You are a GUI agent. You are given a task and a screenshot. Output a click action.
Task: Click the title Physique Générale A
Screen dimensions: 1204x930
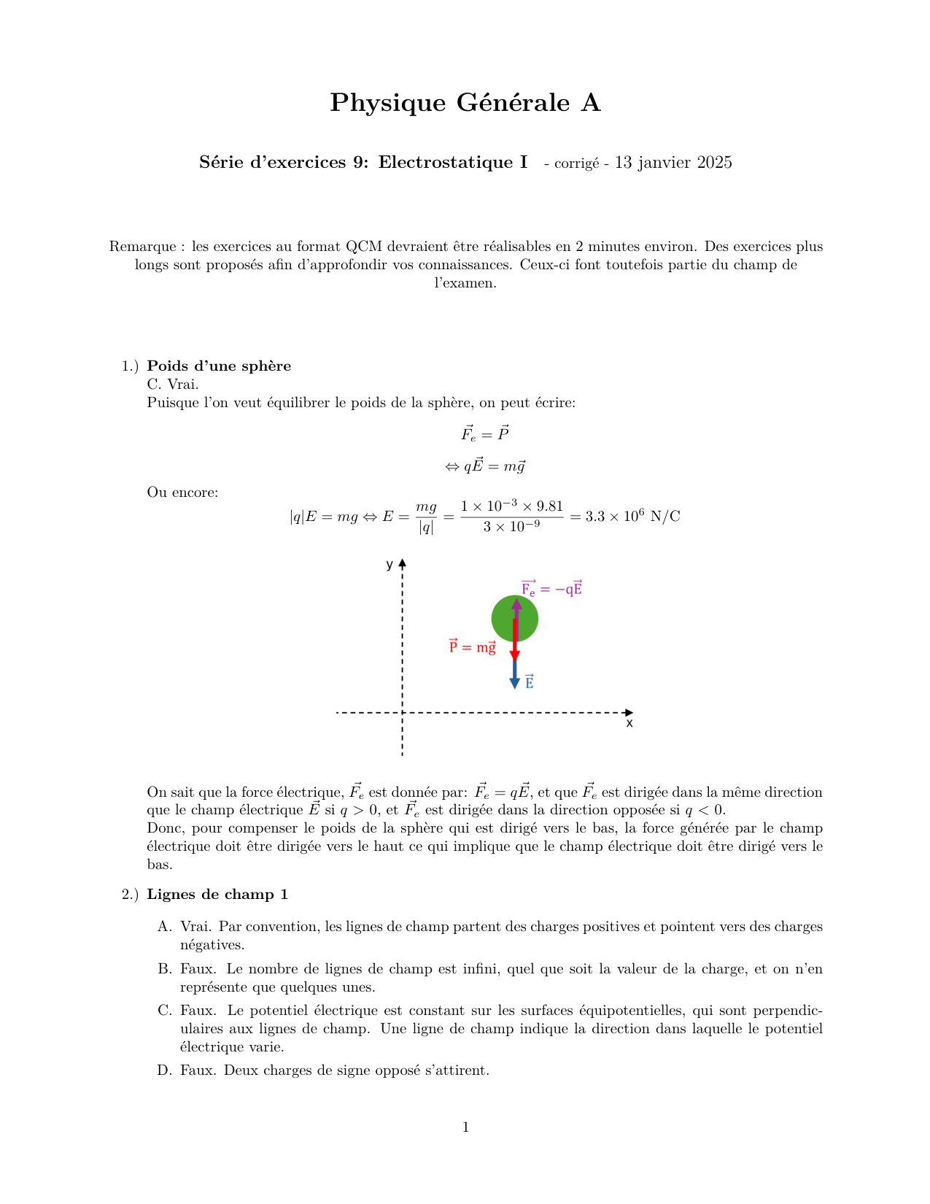pyautogui.click(x=465, y=103)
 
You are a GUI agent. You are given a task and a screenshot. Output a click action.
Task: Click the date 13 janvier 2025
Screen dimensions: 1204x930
pyautogui.click(x=673, y=163)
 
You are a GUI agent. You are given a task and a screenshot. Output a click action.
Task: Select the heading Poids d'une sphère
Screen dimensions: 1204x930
pyautogui.click(x=219, y=366)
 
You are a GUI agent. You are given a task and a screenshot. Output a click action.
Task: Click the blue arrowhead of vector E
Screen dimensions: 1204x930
pyautogui.click(x=514, y=683)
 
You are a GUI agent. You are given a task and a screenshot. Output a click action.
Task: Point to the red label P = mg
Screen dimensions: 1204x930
pyautogui.click(x=472, y=647)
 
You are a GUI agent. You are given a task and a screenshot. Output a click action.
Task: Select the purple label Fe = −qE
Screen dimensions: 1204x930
pyautogui.click(x=551, y=588)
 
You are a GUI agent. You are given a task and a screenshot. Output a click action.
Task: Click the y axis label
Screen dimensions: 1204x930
pyautogui.click(x=390, y=564)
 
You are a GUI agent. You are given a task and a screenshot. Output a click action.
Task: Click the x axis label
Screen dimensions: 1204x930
pyautogui.click(x=629, y=723)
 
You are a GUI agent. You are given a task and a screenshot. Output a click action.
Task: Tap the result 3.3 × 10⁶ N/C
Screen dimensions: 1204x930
pyautogui.click(x=632, y=517)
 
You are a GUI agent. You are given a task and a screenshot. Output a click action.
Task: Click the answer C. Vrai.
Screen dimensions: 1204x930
pyautogui.click(x=172, y=384)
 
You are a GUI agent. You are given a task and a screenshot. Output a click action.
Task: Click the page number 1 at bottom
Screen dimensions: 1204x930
pyautogui.click(x=465, y=1127)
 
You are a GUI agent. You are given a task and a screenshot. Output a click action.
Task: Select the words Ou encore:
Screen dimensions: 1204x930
pyautogui.click(x=182, y=493)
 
